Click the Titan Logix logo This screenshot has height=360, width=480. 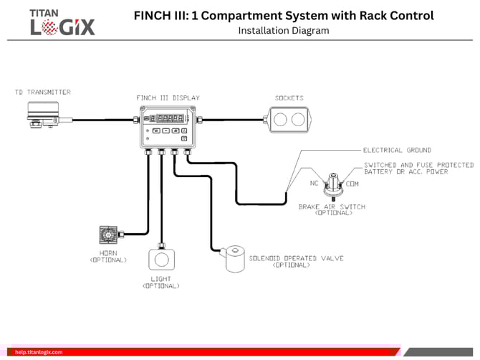click(62, 22)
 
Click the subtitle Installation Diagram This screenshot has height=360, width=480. click(283, 31)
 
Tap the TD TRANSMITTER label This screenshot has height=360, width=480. click(43, 93)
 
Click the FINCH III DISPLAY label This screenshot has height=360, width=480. click(168, 98)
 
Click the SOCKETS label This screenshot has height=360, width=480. click(289, 98)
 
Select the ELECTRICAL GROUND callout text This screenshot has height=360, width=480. click(397, 151)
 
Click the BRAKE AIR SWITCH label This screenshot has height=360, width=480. click(332, 207)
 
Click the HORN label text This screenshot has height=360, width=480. click(108, 254)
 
